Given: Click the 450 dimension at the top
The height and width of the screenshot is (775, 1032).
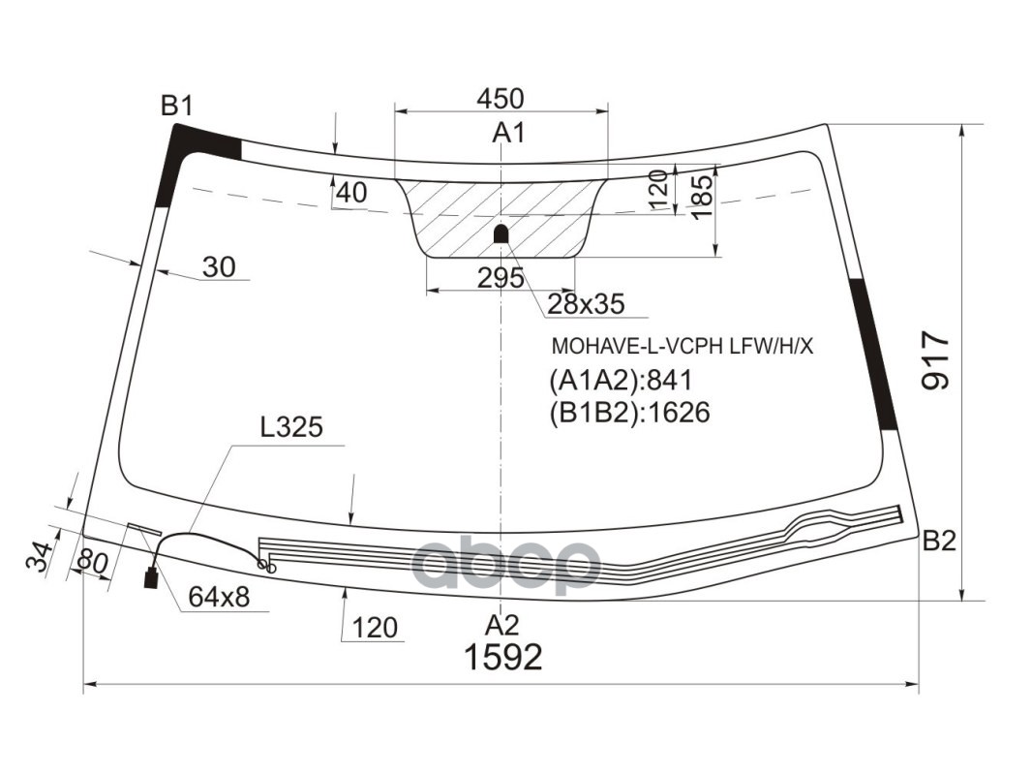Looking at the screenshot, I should (501, 98).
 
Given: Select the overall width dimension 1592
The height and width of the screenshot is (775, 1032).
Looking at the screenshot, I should (502, 657).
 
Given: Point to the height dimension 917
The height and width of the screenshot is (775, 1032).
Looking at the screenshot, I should (936, 360).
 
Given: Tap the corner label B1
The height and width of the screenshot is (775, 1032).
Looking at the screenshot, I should (177, 106).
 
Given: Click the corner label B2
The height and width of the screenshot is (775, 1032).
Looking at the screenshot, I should (938, 542).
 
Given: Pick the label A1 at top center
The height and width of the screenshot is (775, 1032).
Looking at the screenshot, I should (508, 133).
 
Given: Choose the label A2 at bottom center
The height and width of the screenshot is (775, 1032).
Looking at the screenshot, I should (502, 623).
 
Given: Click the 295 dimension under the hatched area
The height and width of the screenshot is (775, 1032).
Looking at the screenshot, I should (501, 278).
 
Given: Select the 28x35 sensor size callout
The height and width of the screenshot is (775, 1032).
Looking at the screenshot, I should (586, 304).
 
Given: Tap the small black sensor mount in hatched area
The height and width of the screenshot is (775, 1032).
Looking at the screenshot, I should (501, 233).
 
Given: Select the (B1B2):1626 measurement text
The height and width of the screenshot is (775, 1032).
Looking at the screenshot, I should (629, 413).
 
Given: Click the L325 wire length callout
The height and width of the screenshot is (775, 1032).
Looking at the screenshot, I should (290, 426).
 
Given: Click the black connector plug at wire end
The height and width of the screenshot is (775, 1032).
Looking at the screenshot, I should (151, 579).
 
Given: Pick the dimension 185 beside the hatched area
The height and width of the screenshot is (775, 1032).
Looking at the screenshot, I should (704, 194).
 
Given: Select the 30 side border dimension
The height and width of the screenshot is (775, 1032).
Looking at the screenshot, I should (220, 266).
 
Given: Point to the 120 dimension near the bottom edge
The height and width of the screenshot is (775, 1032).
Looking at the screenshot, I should (375, 628).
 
